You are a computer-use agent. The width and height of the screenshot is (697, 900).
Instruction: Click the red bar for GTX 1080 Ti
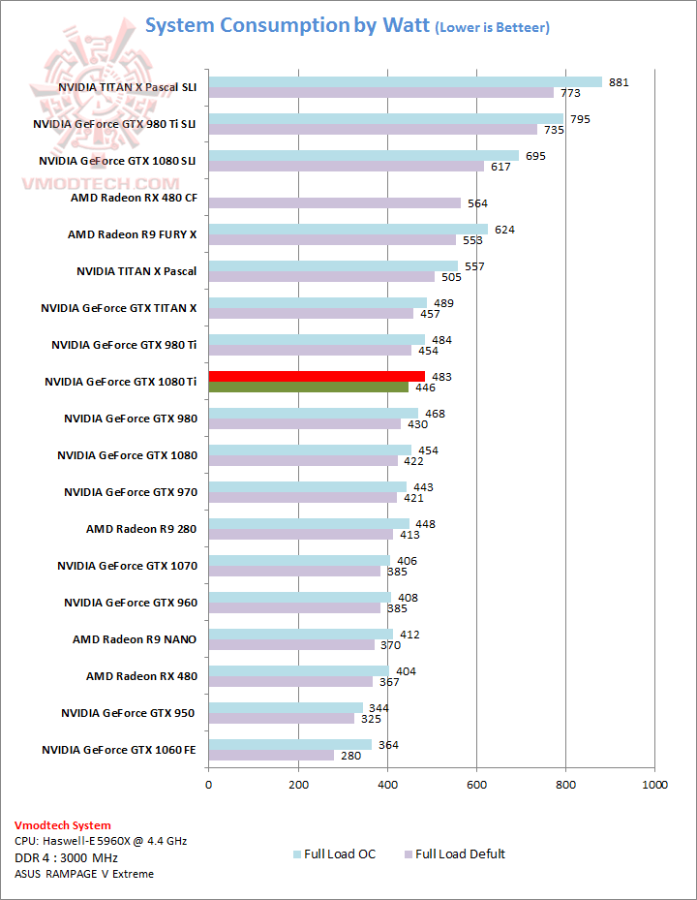(x=317, y=376)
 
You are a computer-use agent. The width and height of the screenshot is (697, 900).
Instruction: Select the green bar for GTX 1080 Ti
(x=308, y=388)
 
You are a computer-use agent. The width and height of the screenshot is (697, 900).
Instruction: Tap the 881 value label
(x=619, y=82)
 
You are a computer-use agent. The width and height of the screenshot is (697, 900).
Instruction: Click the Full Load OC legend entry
(x=334, y=854)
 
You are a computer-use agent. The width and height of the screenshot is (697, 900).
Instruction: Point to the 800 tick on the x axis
(x=565, y=784)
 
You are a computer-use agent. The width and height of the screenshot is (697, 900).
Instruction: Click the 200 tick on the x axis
(x=297, y=784)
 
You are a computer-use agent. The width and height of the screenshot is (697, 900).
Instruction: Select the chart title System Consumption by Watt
(x=348, y=26)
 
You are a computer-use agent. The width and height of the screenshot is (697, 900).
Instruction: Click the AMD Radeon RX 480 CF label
(x=134, y=198)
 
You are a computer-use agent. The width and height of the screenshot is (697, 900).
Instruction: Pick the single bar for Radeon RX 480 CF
(x=334, y=203)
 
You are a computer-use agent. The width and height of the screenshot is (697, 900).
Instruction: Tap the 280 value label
(x=350, y=756)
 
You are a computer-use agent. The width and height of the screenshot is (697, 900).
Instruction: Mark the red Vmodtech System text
(x=62, y=825)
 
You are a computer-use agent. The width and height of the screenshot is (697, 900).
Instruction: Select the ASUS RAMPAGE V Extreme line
(x=83, y=874)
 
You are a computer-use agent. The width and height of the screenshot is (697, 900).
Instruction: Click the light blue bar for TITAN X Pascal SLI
(x=405, y=82)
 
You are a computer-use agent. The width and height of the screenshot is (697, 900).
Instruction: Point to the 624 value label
(x=504, y=230)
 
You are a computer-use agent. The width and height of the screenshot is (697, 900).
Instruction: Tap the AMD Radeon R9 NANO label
(x=135, y=639)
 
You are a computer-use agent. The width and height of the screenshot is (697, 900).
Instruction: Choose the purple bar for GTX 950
(x=281, y=719)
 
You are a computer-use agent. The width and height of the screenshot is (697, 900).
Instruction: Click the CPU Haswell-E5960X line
(x=101, y=841)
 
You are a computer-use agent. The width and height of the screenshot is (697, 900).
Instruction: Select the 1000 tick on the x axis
(x=654, y=784)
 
